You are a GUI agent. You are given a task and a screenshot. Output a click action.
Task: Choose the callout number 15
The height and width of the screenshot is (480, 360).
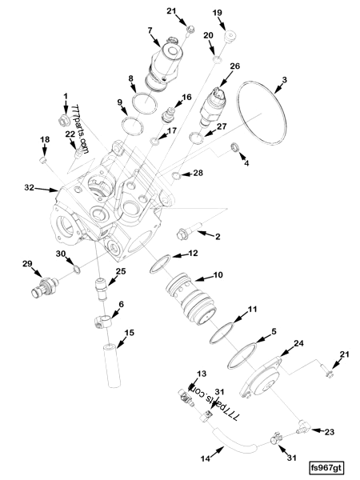129,332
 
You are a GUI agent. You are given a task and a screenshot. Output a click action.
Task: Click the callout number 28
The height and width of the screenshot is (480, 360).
198,173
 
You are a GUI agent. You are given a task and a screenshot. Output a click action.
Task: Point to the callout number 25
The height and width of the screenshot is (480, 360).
121,271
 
